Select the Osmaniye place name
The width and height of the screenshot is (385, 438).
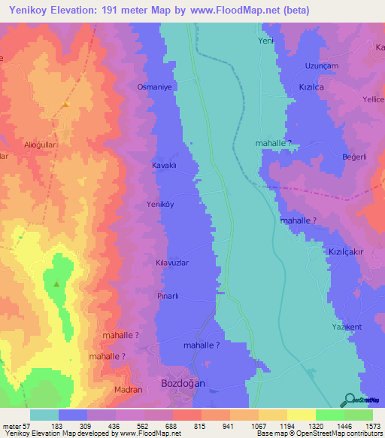(x=155, y=87)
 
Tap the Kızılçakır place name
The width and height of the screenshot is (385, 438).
(x=346, y=254)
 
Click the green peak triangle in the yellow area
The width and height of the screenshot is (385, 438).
(x=56, y=284)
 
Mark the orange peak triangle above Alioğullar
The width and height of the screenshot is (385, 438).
(x=65, y=104)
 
